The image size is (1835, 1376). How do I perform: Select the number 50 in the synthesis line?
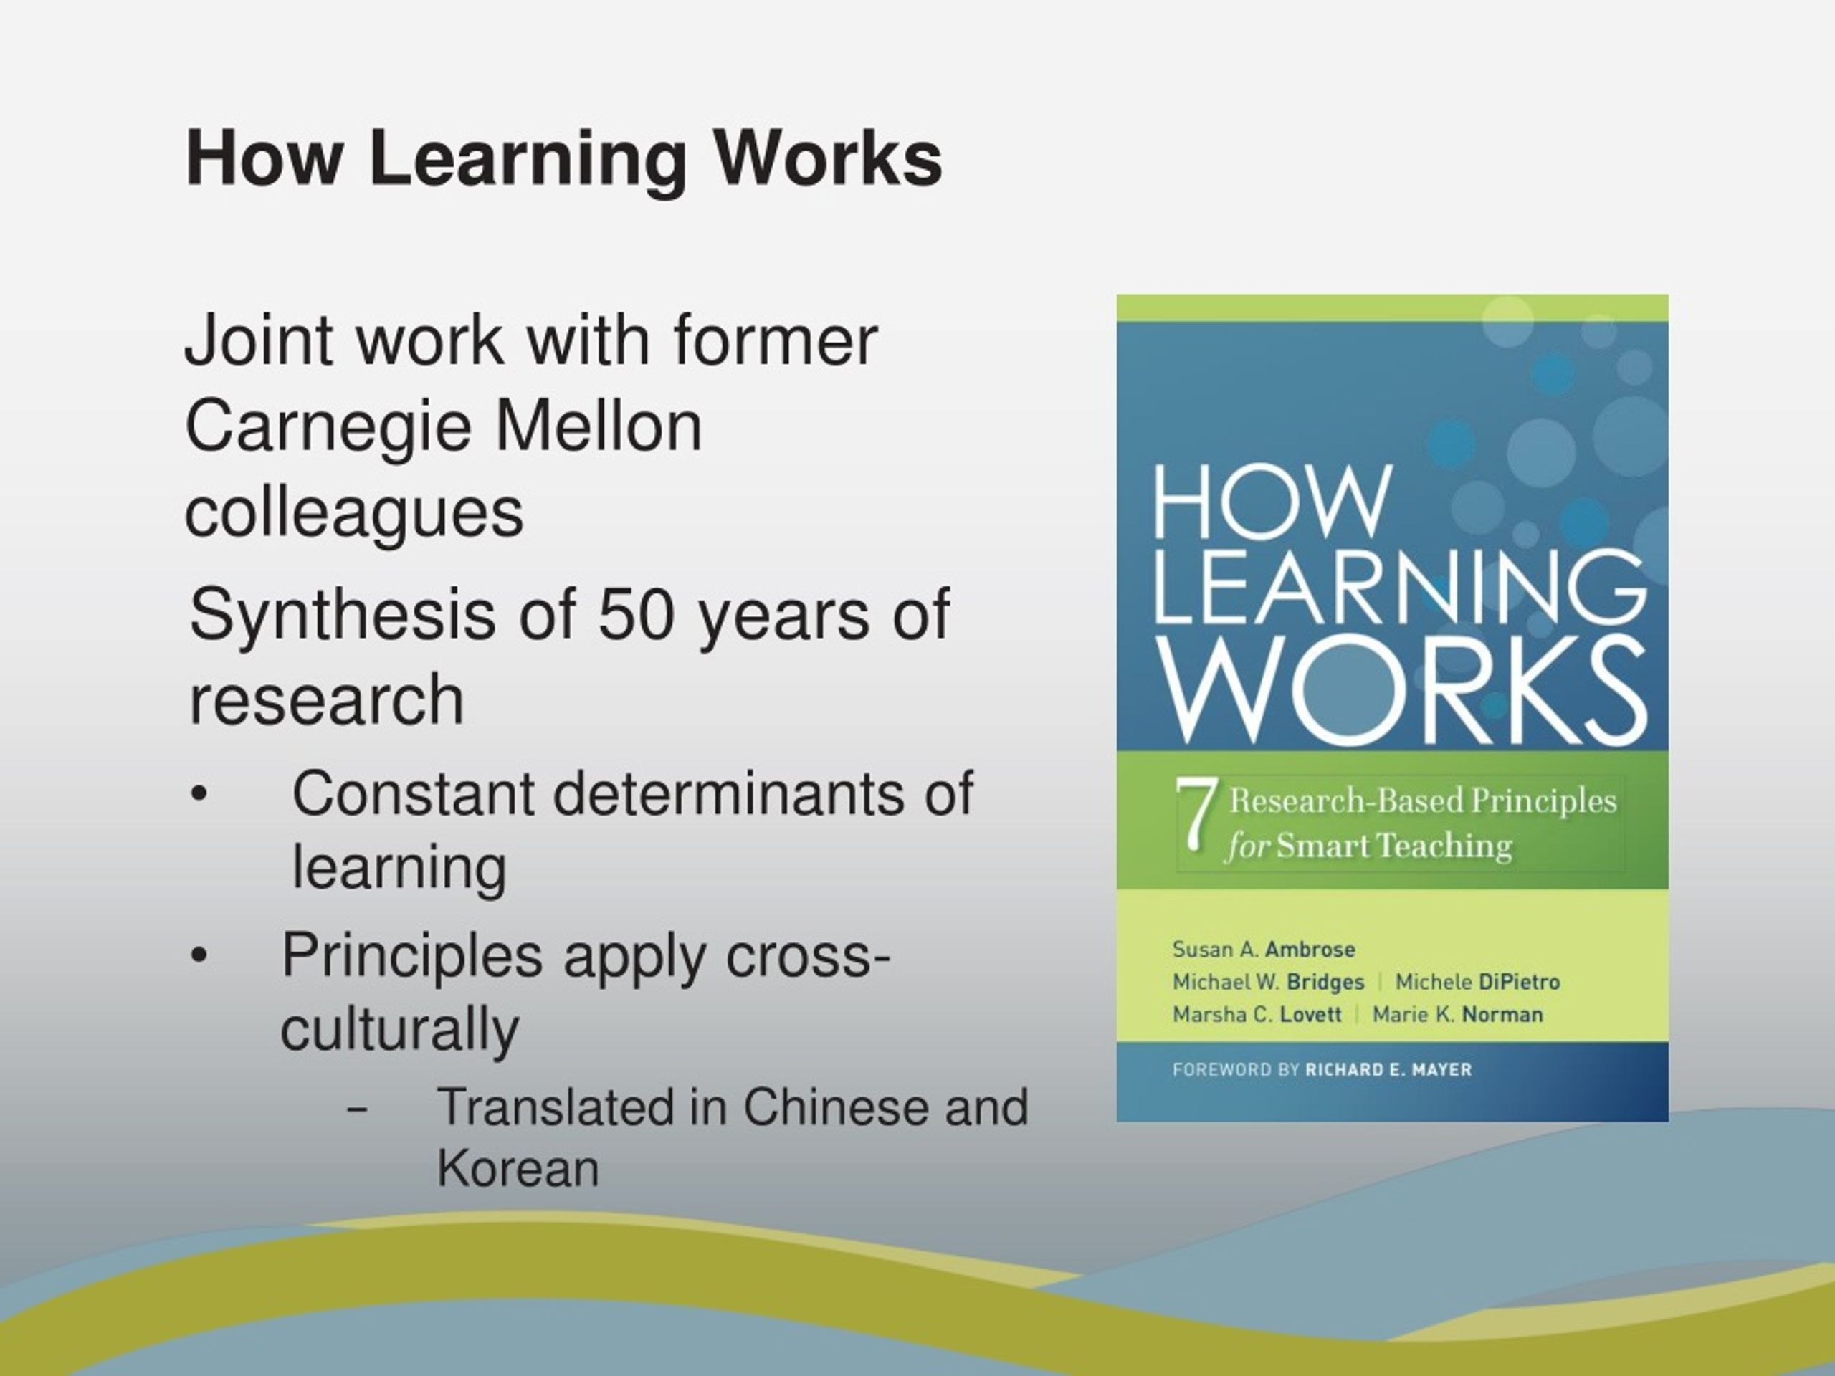tap(636, 615)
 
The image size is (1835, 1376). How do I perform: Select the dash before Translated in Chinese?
tap(358, 1108)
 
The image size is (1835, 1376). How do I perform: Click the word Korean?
tap(518, 1169)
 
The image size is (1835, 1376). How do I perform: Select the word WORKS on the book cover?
tap(1402, 689)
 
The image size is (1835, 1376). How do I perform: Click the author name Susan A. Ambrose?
tap(1264, 949)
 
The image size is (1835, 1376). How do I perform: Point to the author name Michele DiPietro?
tap(1477, 982)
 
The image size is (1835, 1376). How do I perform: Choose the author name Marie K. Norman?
tap(1457, 1014)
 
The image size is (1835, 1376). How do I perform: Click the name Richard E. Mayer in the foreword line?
tap(1388, 1070)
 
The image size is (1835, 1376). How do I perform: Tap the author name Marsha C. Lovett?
tap(1257, 1014)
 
